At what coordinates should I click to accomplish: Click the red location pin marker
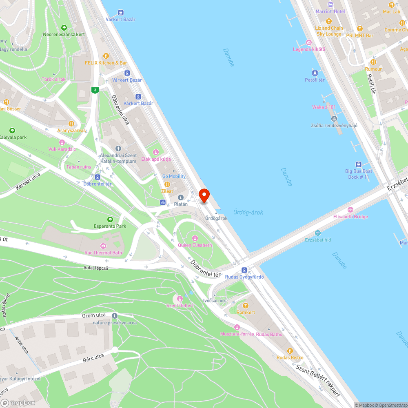pos(204,195)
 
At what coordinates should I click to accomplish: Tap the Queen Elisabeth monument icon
pos(195,238)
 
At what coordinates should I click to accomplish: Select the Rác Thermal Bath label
pos(103,253)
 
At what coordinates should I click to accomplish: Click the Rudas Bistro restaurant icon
pos(290,351)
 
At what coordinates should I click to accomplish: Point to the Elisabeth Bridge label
pos(350,217)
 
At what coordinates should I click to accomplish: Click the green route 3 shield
pos(95,90)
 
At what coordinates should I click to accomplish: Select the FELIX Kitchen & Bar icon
pos(106,56)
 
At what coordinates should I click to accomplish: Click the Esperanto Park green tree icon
pos(109,220)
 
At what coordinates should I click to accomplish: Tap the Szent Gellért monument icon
pos(180,299)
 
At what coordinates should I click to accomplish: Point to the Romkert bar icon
pos(246,306)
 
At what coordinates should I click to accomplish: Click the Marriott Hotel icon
pos(330,4)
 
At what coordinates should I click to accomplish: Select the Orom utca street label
pos(94,315)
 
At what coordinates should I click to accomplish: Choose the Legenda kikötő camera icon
pos(309,42)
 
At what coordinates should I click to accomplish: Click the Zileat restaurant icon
pos(167,184)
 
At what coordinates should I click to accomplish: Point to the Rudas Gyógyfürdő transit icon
pos(244,270)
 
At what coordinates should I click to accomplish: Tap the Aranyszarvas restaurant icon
pos(71,124)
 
